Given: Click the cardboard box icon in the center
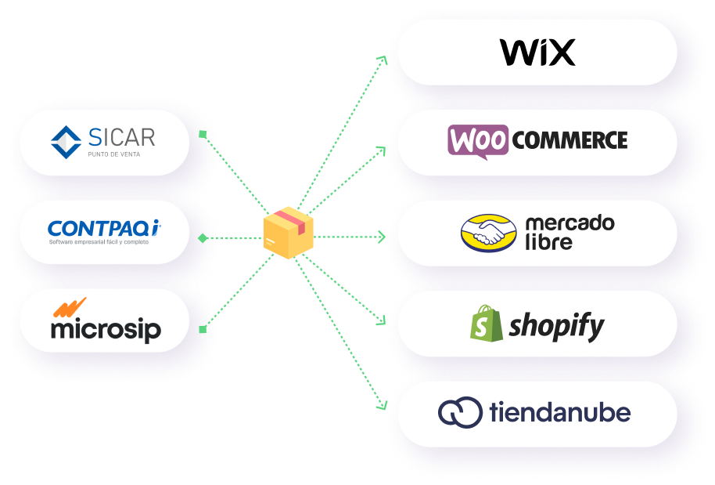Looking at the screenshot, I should (x=288, y=233).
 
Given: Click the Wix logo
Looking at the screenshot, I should (x=537, y=52).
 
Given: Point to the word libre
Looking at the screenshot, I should (x=549, y=242).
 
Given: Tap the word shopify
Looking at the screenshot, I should (x=556, y=325).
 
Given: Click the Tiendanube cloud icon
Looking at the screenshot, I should (x=460, y=413).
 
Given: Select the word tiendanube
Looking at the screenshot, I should (x=559, y=412).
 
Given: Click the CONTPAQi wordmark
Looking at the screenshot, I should (x=104, y=228).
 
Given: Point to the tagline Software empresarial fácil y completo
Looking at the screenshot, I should (x=99, y=242).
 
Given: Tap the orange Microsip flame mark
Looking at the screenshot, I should (x=70, y=308).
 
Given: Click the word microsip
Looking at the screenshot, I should (x=106, y=328).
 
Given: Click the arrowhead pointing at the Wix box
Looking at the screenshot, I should (x=383, y=58).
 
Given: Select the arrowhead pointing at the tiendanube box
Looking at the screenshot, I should (x=383, y=407).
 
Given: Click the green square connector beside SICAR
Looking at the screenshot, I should (x=202, y=134).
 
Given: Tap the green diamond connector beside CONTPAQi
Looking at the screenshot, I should (x=203, y=237).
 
